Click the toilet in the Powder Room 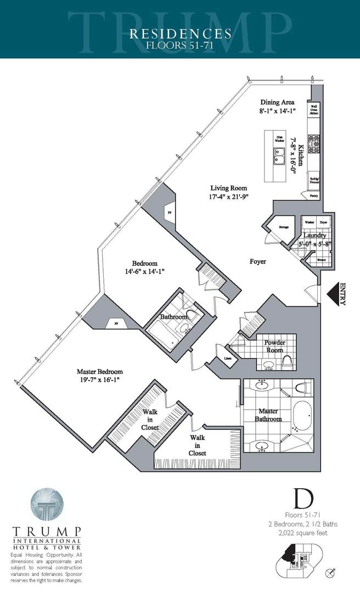(x=286, y=361)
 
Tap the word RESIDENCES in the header (x=180, y=34)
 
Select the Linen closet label (x=228, y=359)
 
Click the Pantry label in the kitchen (x=313, y=195)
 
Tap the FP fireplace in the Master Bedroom (x=116, y=324)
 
